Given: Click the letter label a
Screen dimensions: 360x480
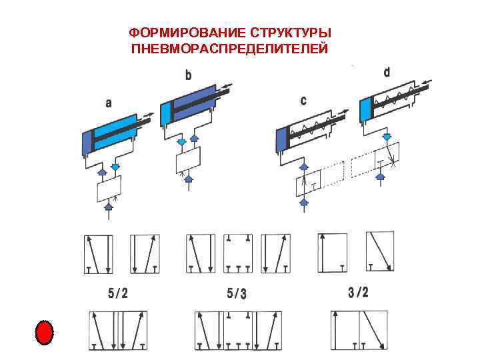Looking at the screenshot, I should point(109,103).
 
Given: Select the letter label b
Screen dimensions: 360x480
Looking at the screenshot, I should point(188,76).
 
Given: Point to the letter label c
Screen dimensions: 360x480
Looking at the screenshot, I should point(304,101).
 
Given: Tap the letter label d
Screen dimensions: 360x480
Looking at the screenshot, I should point(387,71).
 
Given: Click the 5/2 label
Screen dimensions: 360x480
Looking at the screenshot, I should point(119,293).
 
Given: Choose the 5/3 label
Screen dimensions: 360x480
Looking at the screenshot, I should point(236,293).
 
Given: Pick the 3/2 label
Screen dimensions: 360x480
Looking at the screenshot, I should point(358,291).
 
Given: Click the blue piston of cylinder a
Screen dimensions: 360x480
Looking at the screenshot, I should point(87,142).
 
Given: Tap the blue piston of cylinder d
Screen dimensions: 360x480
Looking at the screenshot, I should point(365,109).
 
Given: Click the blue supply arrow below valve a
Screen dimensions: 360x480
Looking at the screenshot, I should point(109,207).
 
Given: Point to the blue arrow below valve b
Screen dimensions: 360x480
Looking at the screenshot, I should point(189,178).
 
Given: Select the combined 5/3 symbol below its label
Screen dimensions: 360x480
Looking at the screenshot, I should point(237,330).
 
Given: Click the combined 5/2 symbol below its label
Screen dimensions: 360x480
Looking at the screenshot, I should point(119,330).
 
